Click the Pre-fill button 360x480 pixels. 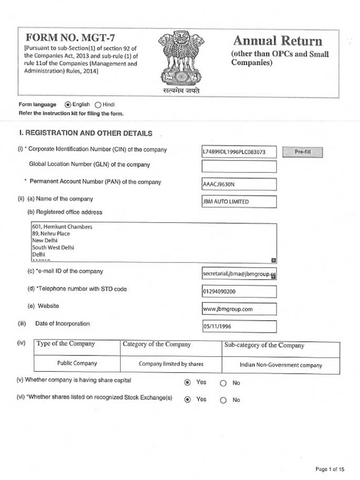302,152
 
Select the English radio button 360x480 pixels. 67,104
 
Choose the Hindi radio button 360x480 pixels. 98,104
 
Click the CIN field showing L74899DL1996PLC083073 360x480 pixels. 239,152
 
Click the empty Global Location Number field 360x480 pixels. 239,167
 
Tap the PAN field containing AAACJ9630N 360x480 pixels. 239,185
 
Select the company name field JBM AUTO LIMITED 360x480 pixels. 239,201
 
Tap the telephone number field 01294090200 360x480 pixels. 239,290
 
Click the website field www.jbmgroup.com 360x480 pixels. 239,309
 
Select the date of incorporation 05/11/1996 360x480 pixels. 239,326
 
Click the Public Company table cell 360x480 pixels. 77,363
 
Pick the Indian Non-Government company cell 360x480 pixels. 281,364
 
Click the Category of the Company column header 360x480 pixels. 157,345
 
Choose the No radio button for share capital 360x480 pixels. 223,383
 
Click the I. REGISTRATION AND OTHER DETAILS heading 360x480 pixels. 86,133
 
